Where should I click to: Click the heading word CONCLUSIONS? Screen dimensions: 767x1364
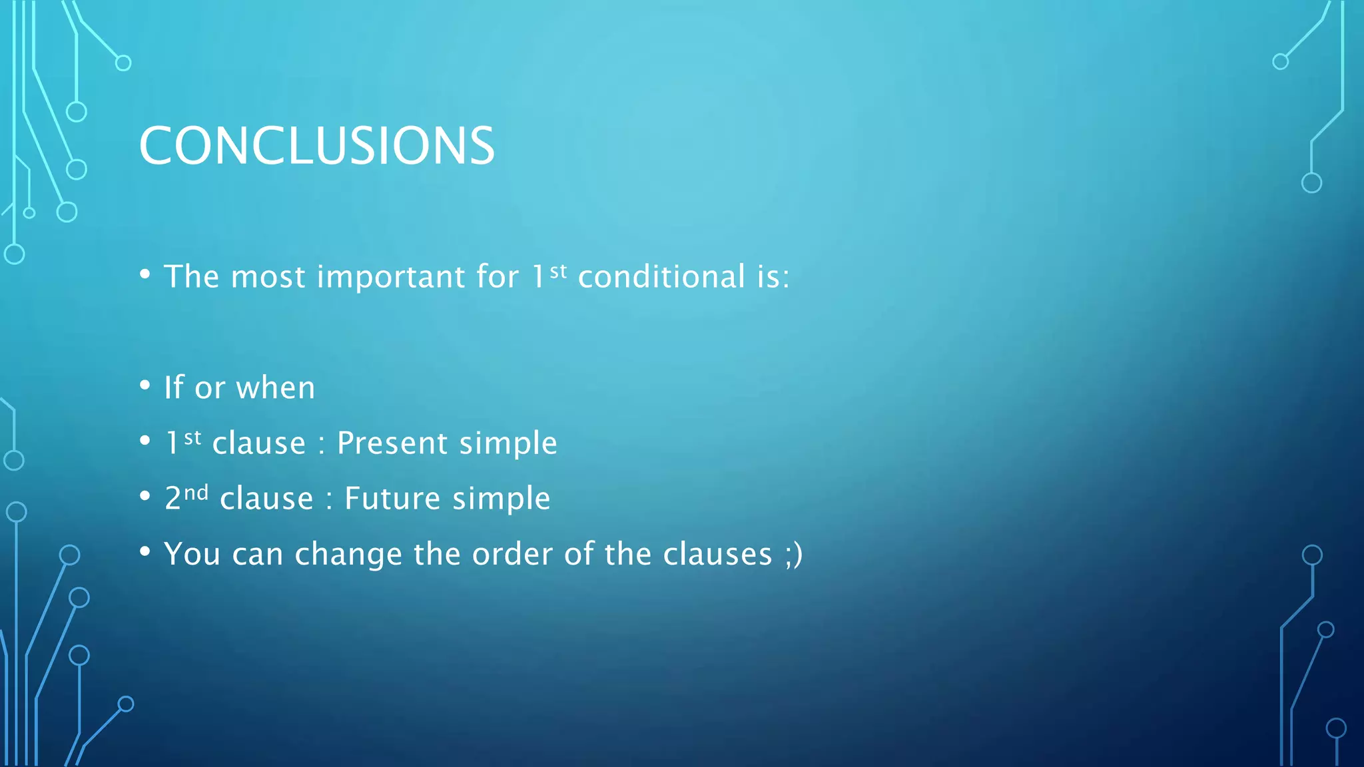pyautogui.click(x=316, y=146)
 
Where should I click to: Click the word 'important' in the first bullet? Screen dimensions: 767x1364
pyautogui.click(x=391, y=277)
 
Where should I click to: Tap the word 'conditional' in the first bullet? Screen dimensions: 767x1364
pyautogui.click(x=661, y=277)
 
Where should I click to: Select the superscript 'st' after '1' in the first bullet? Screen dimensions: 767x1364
pyautogui.click(x=559, y=270)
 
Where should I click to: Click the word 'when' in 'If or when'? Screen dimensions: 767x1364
pyautogui.click(x=276, y=388)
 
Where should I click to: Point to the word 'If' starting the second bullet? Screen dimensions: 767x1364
pyautogui.click(x=174, y=387)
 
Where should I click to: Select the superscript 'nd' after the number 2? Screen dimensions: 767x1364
pyautogui.click(x=196, y=493)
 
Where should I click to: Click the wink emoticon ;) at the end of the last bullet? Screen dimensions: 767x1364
pyautogui.click(x=794, y=555)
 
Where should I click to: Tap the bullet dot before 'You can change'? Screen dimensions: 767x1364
pyautogui.click(x=145, y=552)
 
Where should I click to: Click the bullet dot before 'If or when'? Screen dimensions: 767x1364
pyautogui.click(x=145, y=385)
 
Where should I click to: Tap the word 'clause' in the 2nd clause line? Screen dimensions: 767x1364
pyautogui.click(x=266, y=499)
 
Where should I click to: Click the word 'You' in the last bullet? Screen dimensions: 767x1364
pyautogui.click(x=192, y=555)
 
